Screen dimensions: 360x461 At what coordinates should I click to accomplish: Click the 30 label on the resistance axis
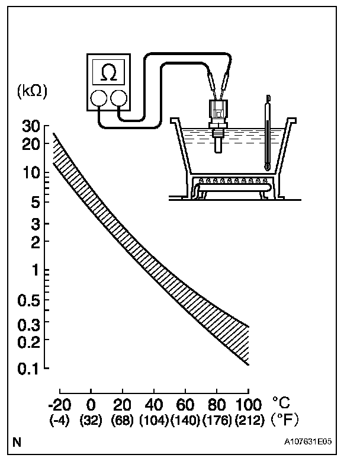[31, 126]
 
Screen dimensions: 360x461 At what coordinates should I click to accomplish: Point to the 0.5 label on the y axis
[28, 300]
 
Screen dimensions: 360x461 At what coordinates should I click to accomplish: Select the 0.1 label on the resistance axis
[28, 369]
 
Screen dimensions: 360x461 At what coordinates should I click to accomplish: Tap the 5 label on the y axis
[36, 203]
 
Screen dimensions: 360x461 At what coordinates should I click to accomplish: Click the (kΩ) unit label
[33, 91]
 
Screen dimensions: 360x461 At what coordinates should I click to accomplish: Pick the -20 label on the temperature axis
[60, 405]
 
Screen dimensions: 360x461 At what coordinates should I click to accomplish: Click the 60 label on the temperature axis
[185, 405]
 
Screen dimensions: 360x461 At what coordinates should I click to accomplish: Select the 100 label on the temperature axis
[249, 405]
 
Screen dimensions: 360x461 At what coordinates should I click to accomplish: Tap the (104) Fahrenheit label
[154, 420]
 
